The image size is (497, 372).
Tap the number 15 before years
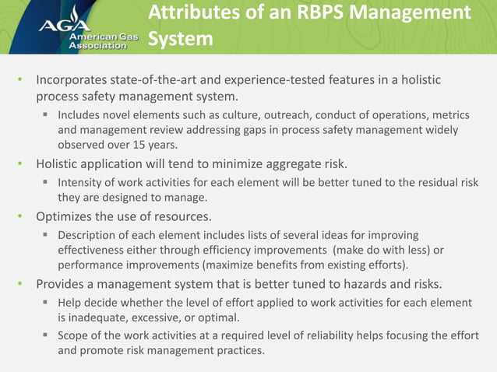pyautogui.click(x=132, y=145)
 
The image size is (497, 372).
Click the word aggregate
pyautogui.click(x=296, y=164)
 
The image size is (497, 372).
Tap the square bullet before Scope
pyautogui.click(x=46, y=335)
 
